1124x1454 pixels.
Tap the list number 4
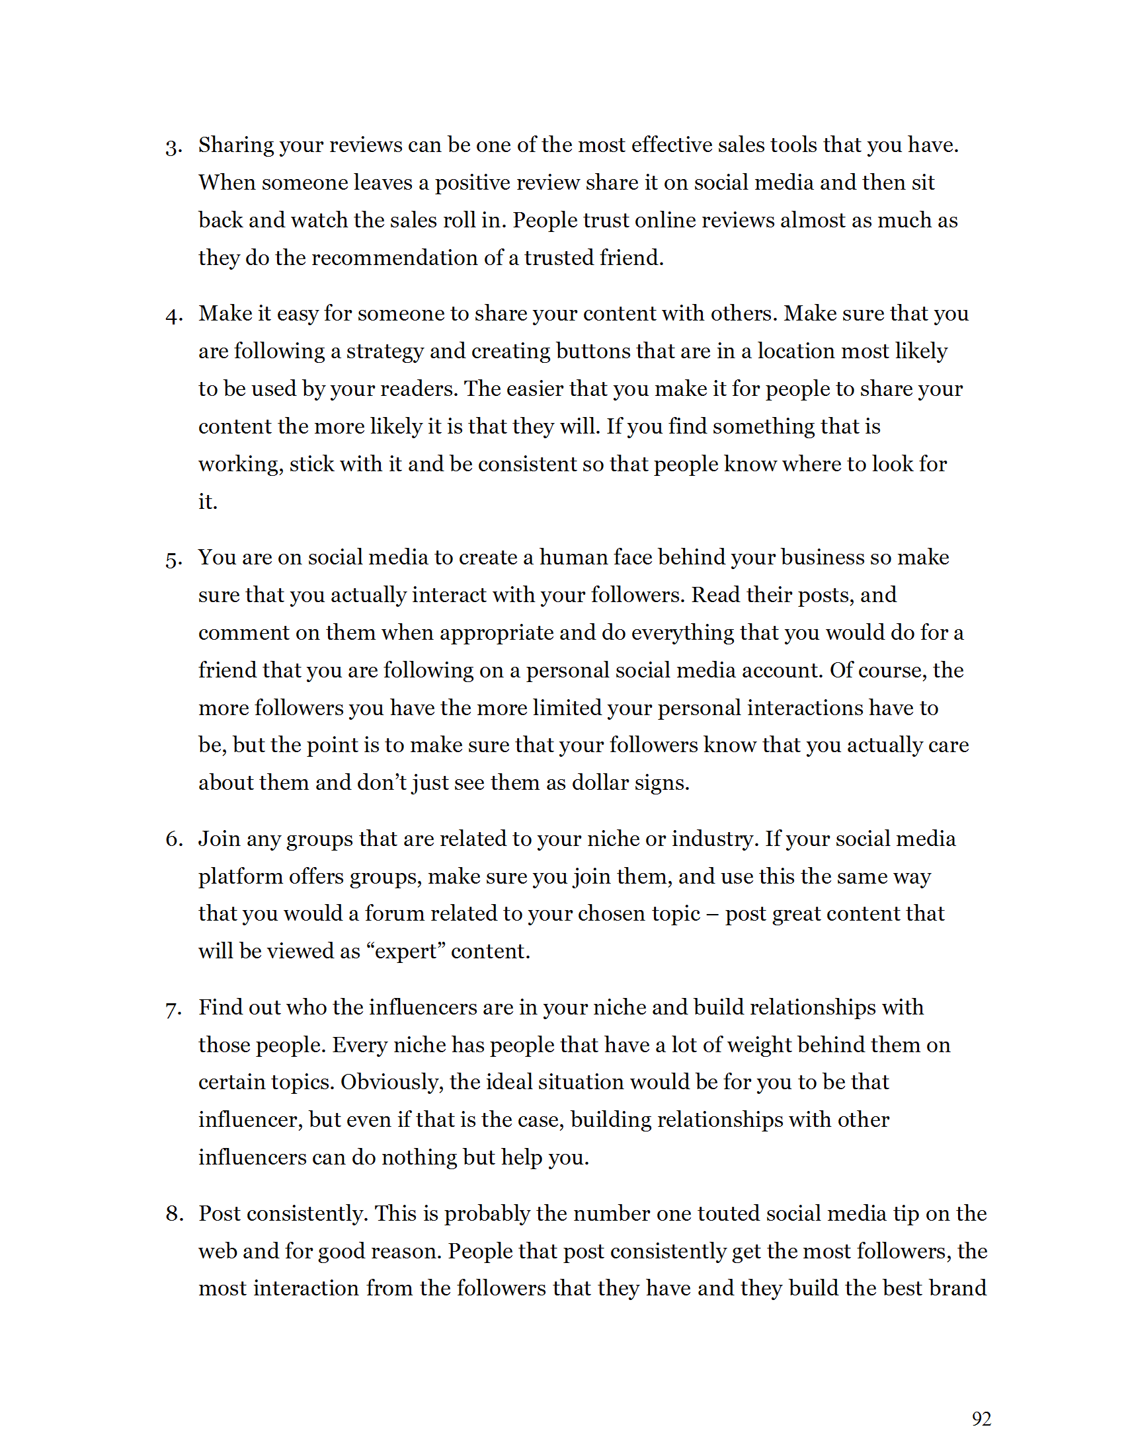pyautogui.click(x=174, y=315)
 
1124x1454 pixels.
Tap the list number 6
pyautogui.click(x=174, y=839)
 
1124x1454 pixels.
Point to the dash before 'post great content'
pyautogui.click(x=713, y=914)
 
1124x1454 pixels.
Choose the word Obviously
pyautogui.click(x=391, y=1083)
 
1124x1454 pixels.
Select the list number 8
pyautogui.click(x=175, y=1214)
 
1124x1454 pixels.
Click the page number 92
pyautogui.click(x=981, y=1419)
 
